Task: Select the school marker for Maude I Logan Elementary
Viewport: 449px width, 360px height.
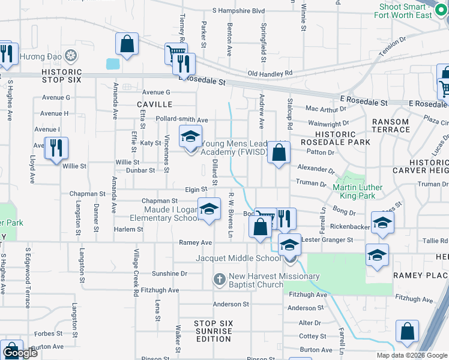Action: point(209,209)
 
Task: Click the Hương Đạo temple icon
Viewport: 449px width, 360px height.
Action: point(71,56)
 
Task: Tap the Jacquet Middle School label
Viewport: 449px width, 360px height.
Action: point(238,258)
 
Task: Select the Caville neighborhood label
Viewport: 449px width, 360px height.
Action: point(154,104)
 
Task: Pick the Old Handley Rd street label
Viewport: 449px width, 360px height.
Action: point(270,73)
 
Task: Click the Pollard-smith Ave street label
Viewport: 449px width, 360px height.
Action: point(181,119)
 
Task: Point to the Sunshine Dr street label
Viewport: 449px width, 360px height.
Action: point(169,273)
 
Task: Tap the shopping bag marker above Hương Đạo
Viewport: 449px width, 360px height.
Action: point(127,44)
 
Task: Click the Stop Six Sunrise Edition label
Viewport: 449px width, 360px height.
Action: point(212,331)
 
